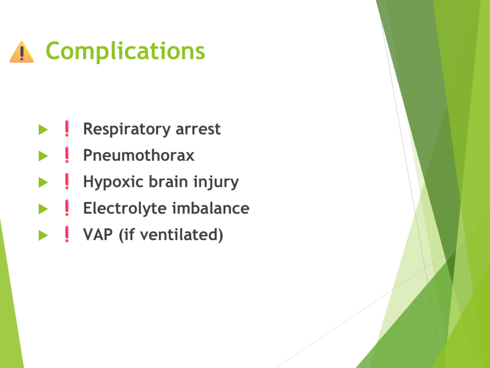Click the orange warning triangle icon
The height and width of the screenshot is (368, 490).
22,52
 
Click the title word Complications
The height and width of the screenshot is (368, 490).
125,51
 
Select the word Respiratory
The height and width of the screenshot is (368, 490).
126,129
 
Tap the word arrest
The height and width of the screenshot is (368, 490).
198,129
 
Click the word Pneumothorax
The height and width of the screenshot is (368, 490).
139,155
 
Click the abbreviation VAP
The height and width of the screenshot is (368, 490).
98,235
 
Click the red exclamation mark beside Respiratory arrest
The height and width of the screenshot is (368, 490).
67,128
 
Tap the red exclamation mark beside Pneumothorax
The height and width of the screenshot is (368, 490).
67,155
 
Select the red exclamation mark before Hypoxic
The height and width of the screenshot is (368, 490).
67,182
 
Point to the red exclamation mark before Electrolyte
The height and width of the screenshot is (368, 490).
67,208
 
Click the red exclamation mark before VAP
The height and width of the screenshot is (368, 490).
67,234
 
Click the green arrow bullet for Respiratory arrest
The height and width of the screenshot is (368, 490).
43,129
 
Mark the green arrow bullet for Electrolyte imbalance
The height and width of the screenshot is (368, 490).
43,209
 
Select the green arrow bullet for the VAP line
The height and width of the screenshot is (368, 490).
43,235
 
